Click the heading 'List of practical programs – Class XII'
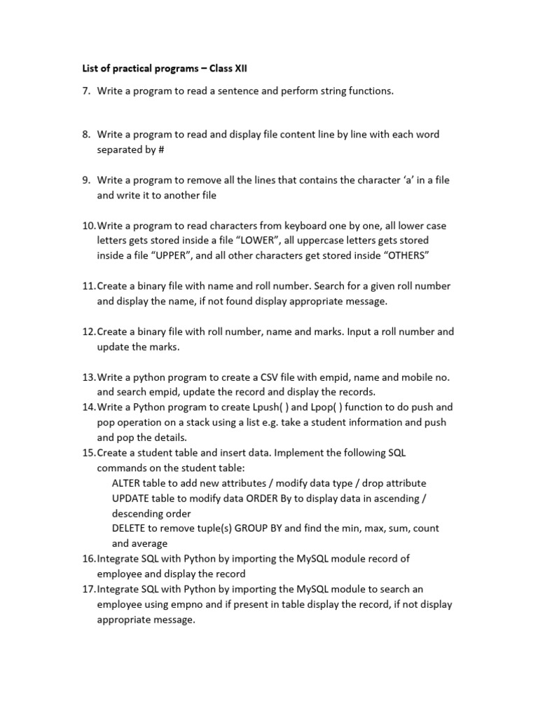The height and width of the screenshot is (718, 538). click(x=162, y=68)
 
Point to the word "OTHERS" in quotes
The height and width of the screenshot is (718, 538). click(x=397, y=256)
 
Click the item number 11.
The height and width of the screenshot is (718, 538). click(x=88, y=286)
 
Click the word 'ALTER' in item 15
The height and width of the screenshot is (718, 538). click(x=127, y=483)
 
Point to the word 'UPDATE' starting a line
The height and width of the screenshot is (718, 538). click(x=131, y=499)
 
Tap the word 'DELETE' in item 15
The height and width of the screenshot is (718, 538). click(x=129, y=529)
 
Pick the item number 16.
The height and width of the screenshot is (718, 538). click(x=88, y=559)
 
